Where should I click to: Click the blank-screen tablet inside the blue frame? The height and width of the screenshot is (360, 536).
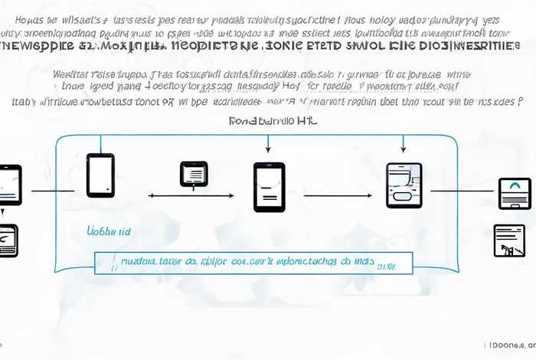pos(100,175)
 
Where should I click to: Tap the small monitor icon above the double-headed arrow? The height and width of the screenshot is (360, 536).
pos(193,174)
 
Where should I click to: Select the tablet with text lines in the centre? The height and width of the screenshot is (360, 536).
pos(269,186)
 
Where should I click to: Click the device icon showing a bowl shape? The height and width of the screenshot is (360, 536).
pos(404,185)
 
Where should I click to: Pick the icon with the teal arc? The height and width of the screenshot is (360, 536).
pos(514,193)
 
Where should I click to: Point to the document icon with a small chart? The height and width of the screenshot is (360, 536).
pos(509,241)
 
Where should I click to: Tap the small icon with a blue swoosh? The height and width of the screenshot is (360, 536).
pos(7,240)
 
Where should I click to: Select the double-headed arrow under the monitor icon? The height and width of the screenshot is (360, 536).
pos(193,196)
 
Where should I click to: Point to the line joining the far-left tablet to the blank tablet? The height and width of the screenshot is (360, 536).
pos(51,191)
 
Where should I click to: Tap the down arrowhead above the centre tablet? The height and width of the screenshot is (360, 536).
pos(268,149)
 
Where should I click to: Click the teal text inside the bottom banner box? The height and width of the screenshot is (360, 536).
pos(245,262)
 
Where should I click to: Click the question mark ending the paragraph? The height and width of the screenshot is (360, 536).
pos(521,100)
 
